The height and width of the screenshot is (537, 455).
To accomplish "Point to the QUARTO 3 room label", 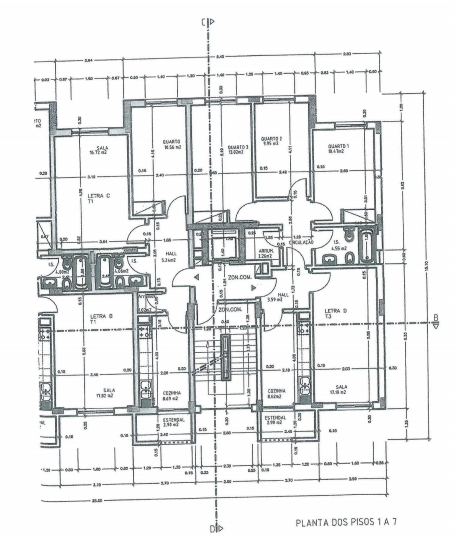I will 231,148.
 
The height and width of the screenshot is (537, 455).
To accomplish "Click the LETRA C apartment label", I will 99,196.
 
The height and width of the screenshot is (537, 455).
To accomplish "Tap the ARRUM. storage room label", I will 265,252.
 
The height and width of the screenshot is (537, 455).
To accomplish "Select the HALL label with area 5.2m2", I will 169,256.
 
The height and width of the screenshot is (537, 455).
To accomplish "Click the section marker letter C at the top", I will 203,21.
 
